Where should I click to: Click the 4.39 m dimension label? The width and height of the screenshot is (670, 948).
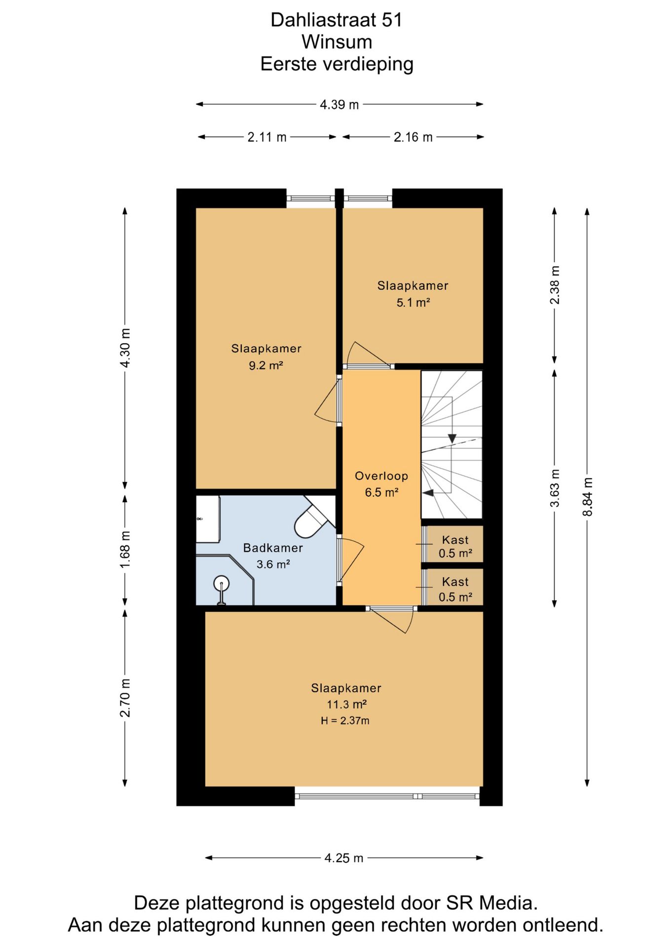(339, 105)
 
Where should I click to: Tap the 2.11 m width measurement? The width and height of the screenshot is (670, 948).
(267, 137)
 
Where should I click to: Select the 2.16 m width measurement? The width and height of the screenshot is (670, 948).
(413, 137)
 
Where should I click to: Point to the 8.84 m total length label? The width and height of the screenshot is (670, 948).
(587, 497)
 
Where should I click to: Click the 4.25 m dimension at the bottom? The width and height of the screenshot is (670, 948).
(344, 858)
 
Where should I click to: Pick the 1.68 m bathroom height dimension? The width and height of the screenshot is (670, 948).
(125, 549)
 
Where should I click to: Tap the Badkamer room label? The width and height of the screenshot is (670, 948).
(273, 548)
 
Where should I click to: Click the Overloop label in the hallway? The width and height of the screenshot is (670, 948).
(381, 476)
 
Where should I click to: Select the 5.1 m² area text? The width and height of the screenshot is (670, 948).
(413, 302)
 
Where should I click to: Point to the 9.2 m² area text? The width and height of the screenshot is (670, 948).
(266, 365)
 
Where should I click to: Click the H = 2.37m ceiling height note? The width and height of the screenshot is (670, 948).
(345, 721)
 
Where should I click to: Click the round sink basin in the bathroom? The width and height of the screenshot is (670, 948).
(222, 583)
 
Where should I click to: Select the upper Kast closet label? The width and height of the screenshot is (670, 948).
(455, 540)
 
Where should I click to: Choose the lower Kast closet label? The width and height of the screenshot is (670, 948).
(455, 582)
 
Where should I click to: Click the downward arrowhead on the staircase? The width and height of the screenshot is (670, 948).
(452, 438)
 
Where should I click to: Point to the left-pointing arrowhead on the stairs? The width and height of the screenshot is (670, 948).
(427, 492)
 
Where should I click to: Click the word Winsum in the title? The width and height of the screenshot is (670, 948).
(337, 42)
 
